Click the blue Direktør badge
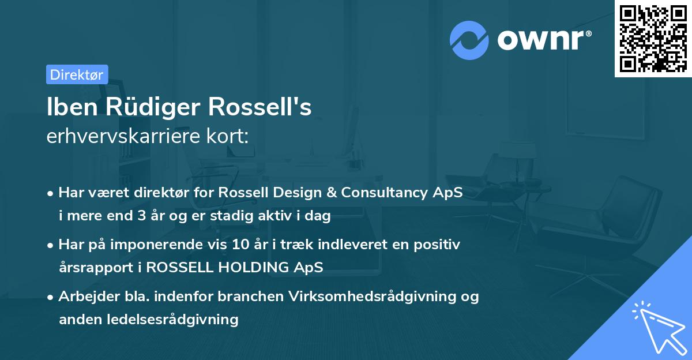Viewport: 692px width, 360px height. pos(77,74)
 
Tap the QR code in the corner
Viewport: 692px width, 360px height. pos(653,38)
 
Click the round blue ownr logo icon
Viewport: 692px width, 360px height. pos(469,40)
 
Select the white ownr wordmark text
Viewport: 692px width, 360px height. pos(540,40)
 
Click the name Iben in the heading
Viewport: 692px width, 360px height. pos(72,107)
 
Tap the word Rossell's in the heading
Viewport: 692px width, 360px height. pos(260,107)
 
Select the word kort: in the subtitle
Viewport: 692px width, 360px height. pos(227,136)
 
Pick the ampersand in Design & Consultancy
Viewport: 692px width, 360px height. pos(332,193)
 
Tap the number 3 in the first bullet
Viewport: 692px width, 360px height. pos(141,216)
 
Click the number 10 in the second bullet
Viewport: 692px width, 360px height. pos(240,245)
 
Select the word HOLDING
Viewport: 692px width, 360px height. pos(253,267)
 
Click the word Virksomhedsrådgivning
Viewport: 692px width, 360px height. pos(373,297)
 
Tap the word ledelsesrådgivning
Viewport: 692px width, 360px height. pos(172,320)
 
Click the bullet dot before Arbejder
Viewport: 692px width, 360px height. pos(50,298)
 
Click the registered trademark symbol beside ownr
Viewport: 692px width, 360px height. pos(589,33)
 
